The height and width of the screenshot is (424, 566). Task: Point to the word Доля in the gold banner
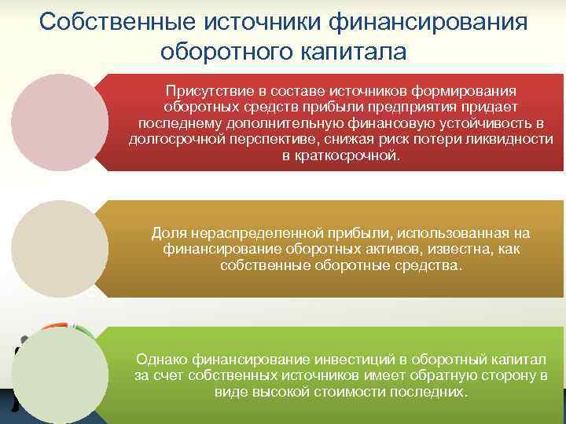click(166, 233)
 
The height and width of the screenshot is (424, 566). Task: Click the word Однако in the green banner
click(160, 359)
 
